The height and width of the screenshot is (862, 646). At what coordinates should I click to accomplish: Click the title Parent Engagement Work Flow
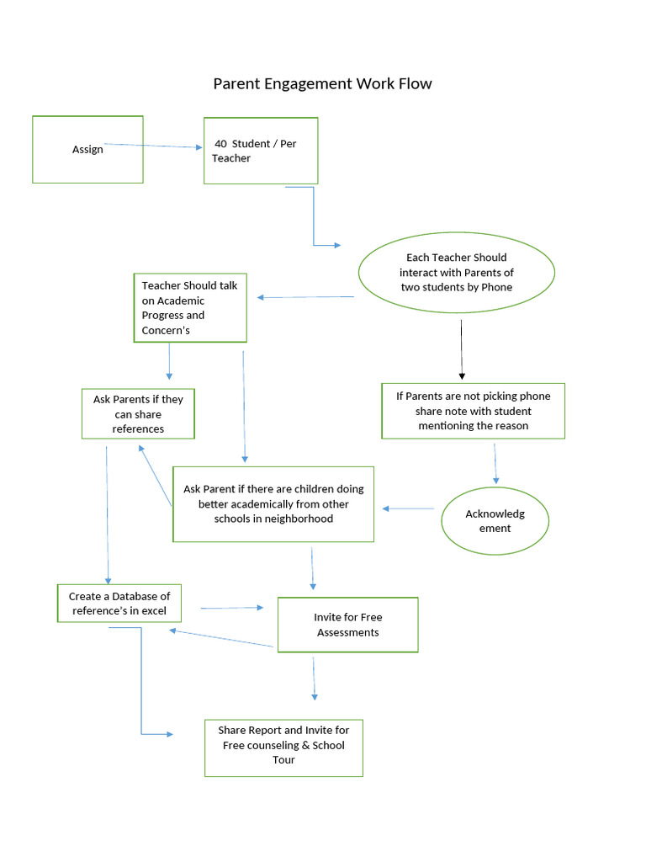322,83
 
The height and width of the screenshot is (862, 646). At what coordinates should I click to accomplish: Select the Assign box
87,149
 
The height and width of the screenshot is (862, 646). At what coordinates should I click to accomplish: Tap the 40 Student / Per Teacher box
261,151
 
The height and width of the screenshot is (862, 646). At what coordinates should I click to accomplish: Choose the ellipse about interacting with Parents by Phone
457,272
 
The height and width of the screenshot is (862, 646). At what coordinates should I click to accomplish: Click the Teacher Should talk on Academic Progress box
190,307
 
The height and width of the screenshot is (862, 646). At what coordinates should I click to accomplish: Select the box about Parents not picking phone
473,411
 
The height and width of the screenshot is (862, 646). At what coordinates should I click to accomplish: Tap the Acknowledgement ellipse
495,521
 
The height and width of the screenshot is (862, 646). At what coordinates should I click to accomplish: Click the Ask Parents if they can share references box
138,413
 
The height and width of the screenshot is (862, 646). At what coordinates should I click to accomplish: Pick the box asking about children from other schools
273,503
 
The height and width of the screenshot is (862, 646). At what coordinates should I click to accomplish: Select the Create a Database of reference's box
119,604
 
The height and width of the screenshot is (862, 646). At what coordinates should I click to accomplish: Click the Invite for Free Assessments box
347,625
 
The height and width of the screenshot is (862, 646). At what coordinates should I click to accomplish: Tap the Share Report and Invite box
283,747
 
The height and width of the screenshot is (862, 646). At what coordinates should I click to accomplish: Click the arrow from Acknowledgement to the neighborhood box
409,508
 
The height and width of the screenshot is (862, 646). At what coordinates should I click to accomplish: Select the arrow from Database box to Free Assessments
231,607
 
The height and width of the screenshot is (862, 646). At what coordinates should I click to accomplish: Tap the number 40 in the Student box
220,144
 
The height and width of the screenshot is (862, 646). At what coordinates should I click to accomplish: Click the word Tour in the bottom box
283,760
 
